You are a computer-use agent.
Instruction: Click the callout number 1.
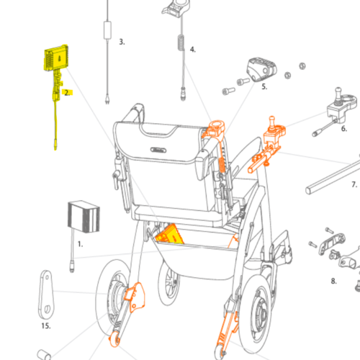[x=80, y=244]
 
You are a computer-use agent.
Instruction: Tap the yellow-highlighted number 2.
[x=67, y=93]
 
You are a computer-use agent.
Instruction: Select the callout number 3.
[x=122, y=42]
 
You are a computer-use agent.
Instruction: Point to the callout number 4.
[x=193, y=50]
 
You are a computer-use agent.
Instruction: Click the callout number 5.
[x=264, y=86]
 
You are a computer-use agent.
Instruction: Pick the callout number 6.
[x=344, y=129]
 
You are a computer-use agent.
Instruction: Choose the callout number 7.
[x=354, y=184]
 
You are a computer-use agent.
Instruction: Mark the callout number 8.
[x=333, y=281]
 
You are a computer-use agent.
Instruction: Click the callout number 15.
[x=46, y=326]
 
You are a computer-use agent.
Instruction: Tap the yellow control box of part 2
[x=56, y=58]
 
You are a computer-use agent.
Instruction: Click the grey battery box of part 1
[x=84, y=217]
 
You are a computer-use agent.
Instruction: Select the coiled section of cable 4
[x=181, y=42]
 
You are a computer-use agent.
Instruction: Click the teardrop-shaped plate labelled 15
[x=46, y=294]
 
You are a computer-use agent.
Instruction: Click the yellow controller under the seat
[x=169, y=235]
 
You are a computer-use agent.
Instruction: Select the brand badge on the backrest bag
[x=158, y=150]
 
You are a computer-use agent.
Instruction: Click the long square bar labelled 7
[x=333, y=178]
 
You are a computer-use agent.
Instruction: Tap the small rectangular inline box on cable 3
[x=107, y=30]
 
